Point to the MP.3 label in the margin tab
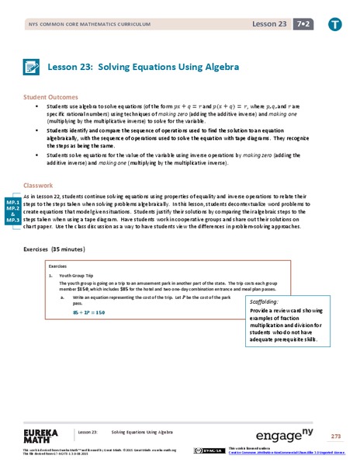13,221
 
